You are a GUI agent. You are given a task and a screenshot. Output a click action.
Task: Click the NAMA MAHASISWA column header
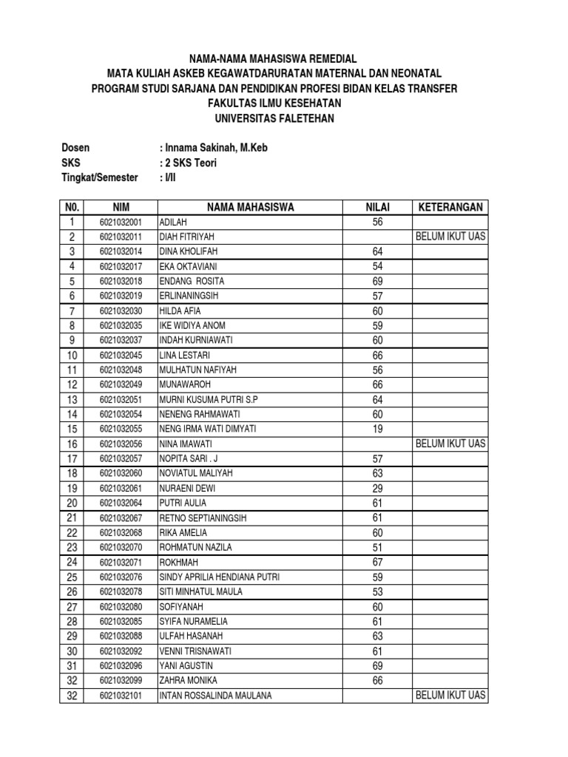[250, 207]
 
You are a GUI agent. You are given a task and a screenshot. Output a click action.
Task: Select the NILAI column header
[377, 207]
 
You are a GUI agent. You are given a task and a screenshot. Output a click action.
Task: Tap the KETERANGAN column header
[450, 207]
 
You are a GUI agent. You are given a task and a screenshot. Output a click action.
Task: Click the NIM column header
[121, 207]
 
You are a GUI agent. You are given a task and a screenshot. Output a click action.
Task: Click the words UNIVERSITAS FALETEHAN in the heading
[274, 118]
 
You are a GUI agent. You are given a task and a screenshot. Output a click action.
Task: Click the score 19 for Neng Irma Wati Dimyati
[377, 429]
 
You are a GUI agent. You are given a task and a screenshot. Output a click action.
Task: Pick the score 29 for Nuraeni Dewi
[377, 488]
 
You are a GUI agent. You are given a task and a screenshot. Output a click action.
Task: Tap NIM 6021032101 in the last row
[121, 696]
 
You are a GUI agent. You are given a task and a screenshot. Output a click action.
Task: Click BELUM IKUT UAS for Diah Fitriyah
[450, 237]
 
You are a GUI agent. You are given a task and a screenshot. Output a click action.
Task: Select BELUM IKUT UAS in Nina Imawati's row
[450, 444]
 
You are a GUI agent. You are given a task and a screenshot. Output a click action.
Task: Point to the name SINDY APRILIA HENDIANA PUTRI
[219, 577]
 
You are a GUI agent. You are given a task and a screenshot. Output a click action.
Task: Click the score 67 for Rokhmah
[377, 562]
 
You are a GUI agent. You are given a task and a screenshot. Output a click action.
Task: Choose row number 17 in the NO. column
[72, 458]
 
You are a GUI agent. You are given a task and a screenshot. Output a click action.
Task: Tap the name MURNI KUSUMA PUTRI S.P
[208, 399]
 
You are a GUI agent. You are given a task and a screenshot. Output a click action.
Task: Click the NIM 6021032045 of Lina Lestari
[121, 356]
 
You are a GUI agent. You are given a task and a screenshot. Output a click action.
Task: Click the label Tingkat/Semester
[100, 177]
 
